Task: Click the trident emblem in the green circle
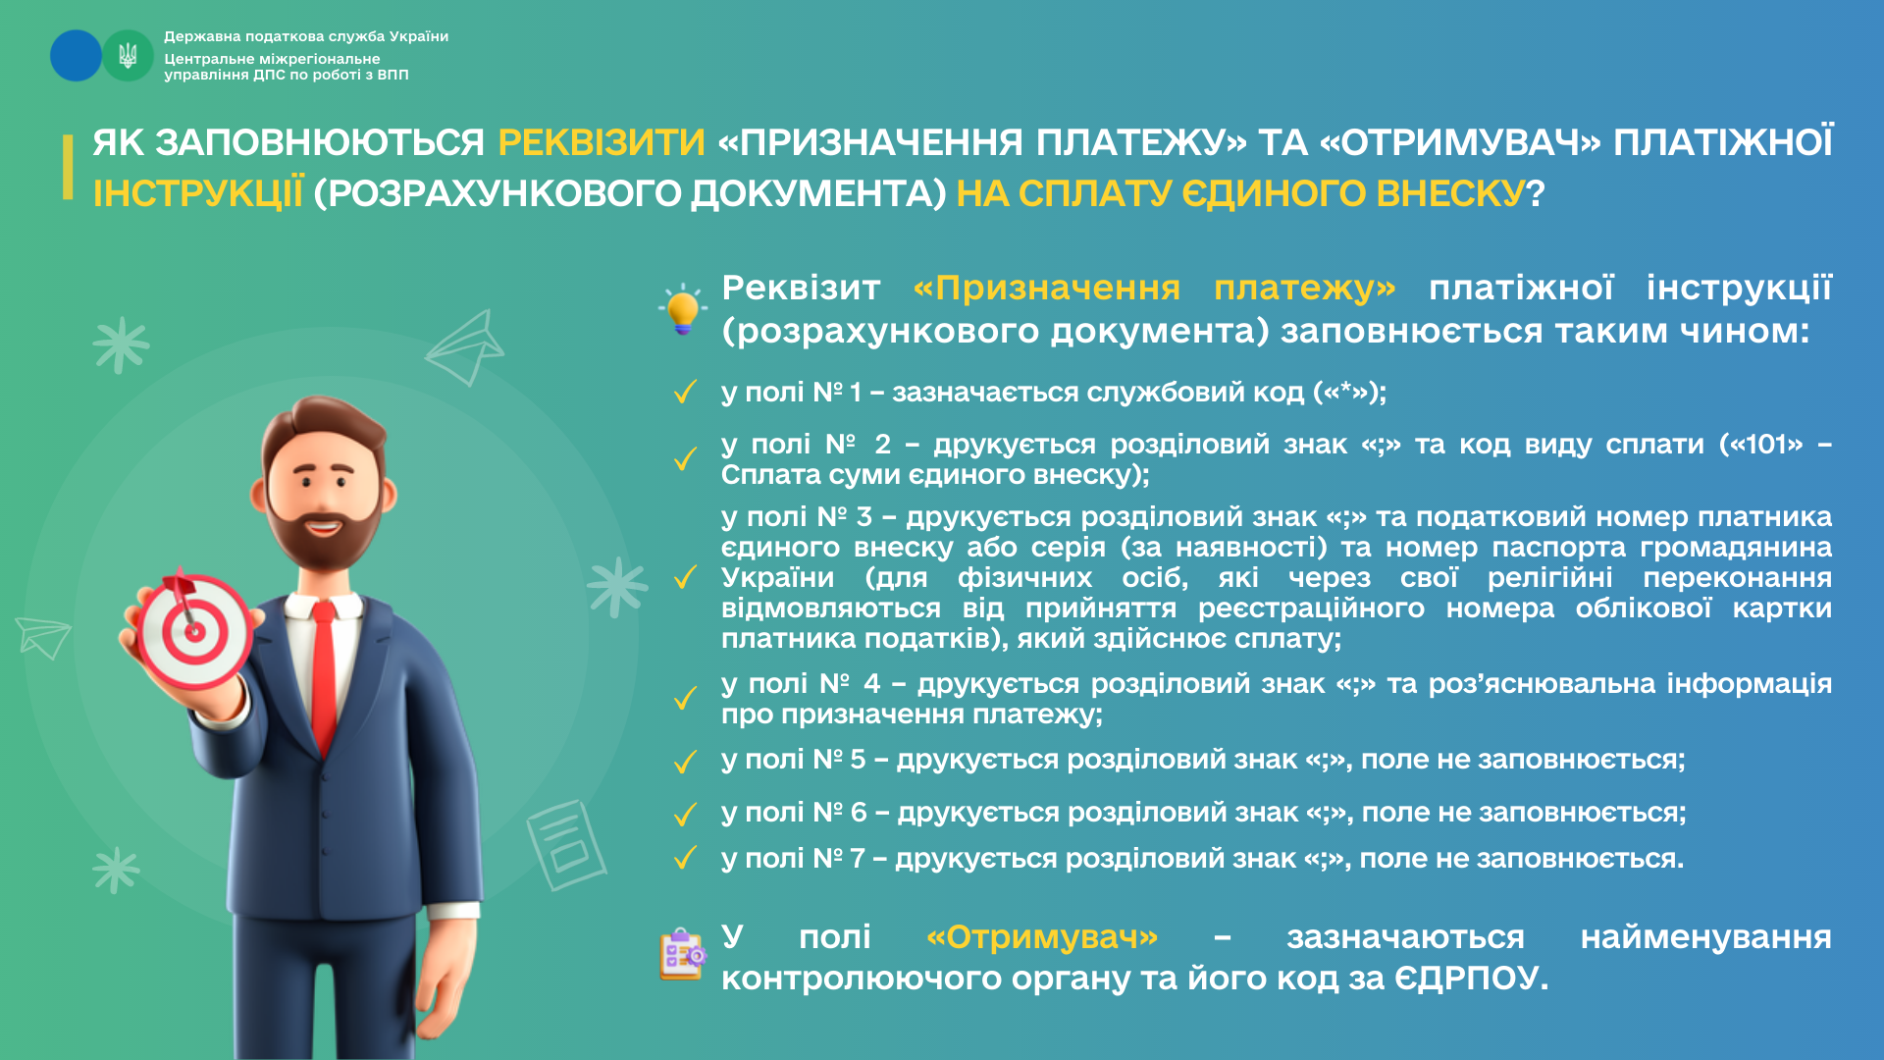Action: [128, 56]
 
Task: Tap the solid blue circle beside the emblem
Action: [76, 55]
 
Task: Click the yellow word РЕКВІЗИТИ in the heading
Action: [602, 143]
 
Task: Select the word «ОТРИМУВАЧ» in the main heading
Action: [1460, 143]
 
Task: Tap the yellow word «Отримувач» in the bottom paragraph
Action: [1042, 937]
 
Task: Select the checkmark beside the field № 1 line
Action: [685, 393]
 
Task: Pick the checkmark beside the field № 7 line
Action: [685, 859]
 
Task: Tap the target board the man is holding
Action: [194, 631]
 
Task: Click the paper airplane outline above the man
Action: [465, 347]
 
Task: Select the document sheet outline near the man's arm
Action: [566, 845]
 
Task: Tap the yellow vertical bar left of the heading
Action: [68, 167]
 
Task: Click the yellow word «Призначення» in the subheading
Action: [1046, 289]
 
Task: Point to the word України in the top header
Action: [419, 36]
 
